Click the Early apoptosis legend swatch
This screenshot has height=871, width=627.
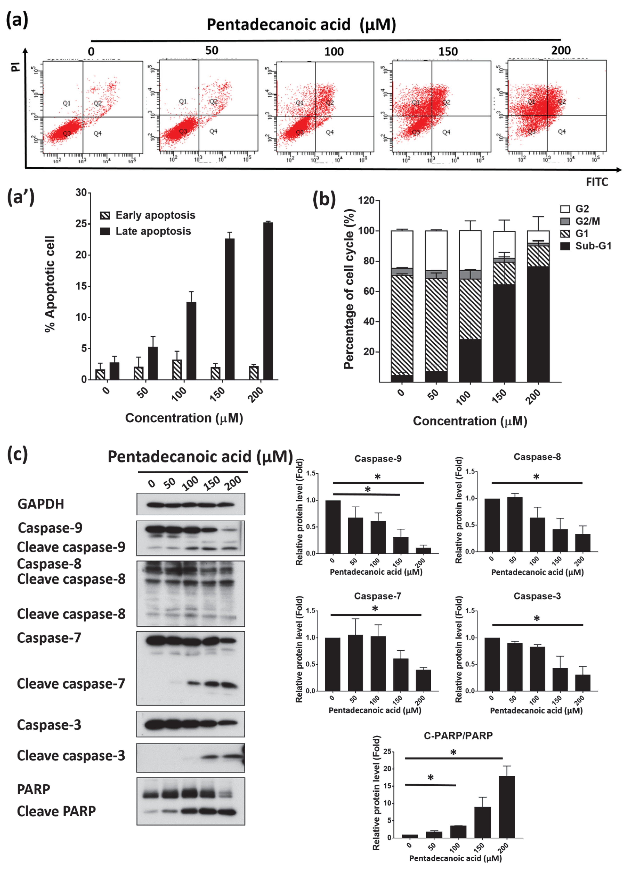(x=105, y=215)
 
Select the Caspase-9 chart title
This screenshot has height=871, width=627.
(x=378, y=459)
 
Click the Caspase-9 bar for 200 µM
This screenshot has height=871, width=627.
(x=423, y=550)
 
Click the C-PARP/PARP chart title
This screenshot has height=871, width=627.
(x=458, y=735)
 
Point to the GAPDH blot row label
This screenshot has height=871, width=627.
(x=41, y=504)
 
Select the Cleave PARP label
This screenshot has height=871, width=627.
(x=56, y=811)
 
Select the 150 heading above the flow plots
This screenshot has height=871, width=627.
(x=448, y=51)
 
